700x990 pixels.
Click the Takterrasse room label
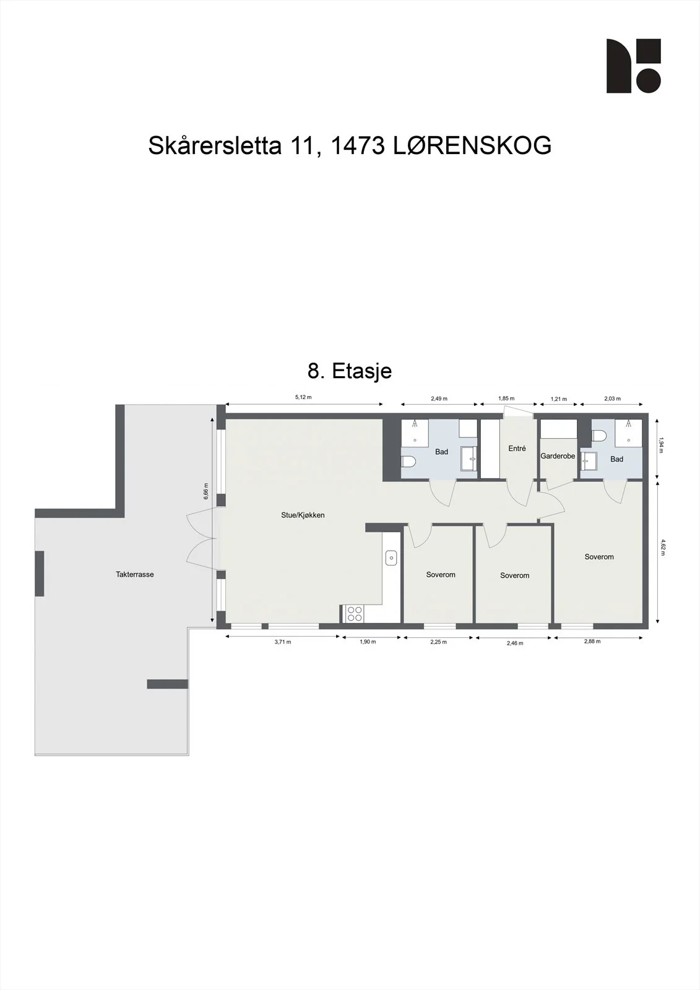(x=135, y=575)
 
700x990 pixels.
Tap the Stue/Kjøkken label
(x=303, y=515)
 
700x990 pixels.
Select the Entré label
(x=517, y=448)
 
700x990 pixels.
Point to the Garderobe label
(x=558, y=455)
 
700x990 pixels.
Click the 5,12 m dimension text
(x=303, y=397)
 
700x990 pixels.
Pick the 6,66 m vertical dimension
(x=205, y=491)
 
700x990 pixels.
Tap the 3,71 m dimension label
(x=283, y=642)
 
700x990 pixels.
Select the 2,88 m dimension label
(x=592, y=641)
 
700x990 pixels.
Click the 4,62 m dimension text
(x=662, y=547)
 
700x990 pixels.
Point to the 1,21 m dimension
(x=558, y=399)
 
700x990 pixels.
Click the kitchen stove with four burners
(x=355, y=614)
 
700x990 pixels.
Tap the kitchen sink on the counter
(x=391, y=557)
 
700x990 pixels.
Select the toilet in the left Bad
(x=408, y=462)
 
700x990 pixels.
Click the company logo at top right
(x=634, y=66)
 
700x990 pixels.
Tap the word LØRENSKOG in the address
(x=473, y=145)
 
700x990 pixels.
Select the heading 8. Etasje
(x=350, y=371)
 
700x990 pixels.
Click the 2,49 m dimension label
(x=439, y=398)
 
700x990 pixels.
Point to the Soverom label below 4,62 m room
(x=599, y=557)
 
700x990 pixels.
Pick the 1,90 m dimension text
(x=368, y=642)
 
